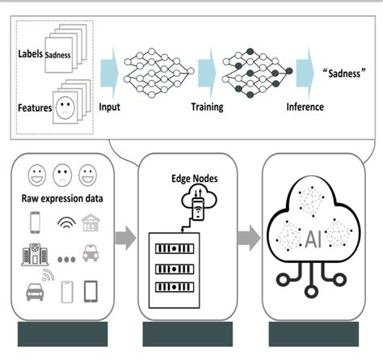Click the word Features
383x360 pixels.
(34, 105)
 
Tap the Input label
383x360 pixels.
(110, 107)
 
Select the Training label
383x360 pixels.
(208, 107)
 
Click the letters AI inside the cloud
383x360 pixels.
(314, 239)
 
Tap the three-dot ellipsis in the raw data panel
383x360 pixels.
(66, 257)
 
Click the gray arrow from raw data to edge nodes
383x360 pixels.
(126, 238)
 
